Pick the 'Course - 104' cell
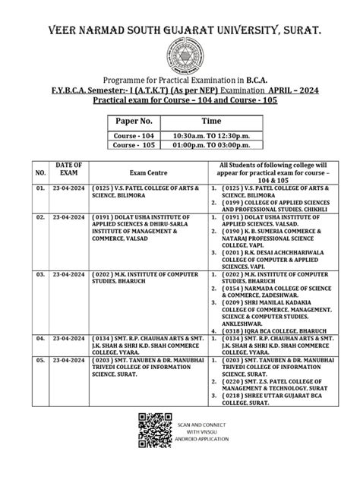point(134,135)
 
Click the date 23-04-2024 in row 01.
point(62,186)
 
